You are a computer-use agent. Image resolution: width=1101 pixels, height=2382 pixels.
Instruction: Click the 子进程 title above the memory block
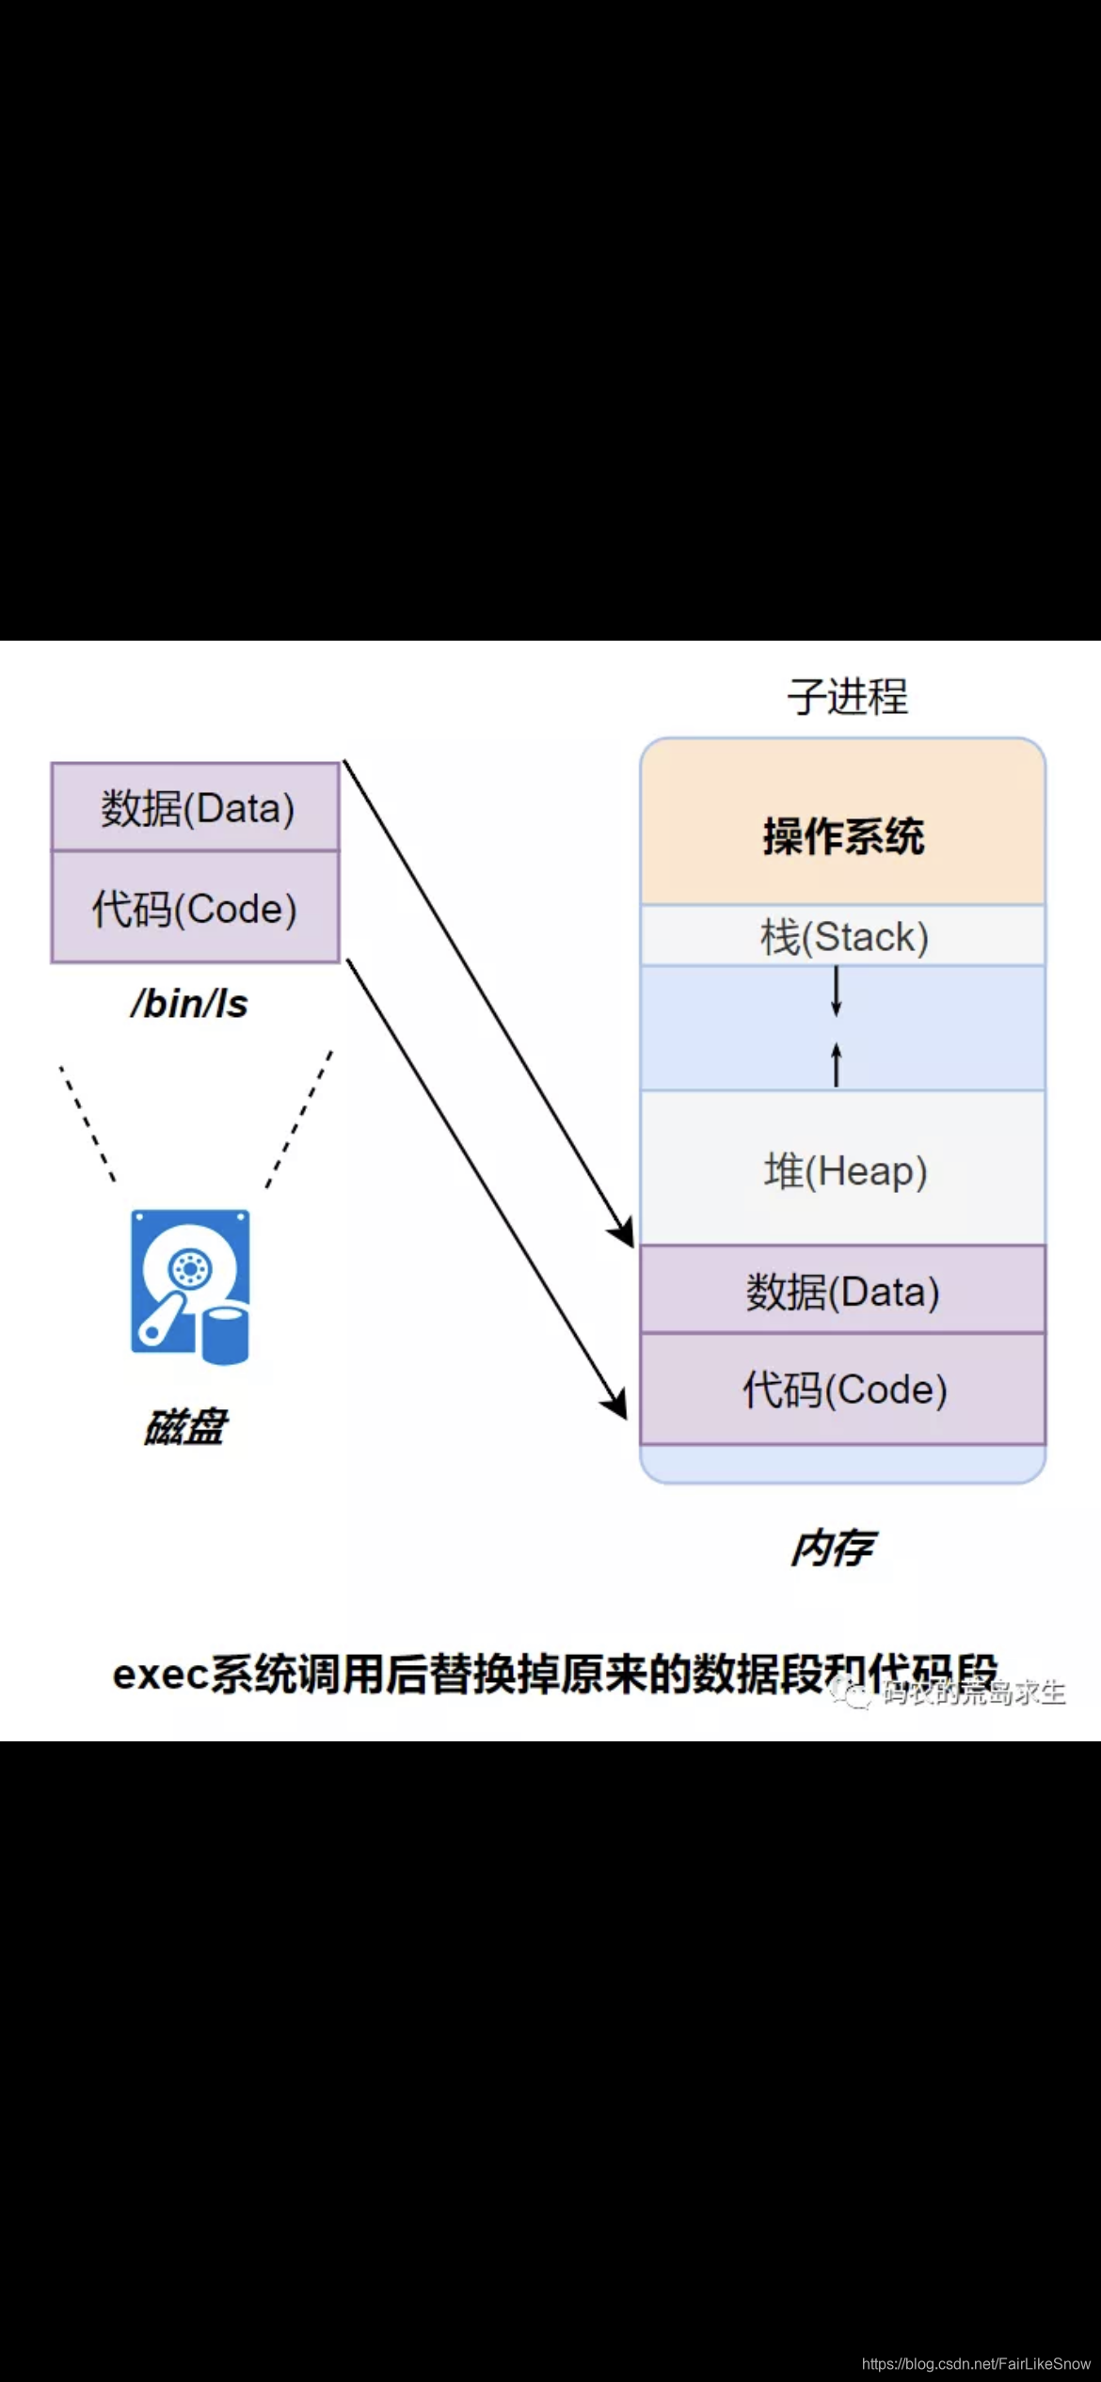tap(847, 697)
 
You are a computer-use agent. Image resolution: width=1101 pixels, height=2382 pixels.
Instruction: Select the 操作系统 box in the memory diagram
tap(842, 835)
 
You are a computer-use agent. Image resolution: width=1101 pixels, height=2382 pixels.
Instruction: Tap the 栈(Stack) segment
tap(843, 937)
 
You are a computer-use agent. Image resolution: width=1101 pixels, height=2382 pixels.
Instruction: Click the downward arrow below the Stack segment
tap(836, 992)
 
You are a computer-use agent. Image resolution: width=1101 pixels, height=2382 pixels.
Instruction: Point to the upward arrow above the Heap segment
tap(836, 1064)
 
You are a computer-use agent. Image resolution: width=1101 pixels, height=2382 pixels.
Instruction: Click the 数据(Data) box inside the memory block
tap(842, 1292)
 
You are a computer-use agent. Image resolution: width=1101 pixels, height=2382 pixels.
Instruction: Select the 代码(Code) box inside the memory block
tap(844, 1389)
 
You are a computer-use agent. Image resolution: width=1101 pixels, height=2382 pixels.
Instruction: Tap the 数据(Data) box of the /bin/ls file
tap(196, 808)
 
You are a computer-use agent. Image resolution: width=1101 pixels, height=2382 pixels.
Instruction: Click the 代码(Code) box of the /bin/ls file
tap(195, 909)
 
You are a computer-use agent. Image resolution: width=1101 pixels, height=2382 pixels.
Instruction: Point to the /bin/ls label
tap(189, 1004)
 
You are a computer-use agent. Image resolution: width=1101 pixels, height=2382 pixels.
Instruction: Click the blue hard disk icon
tap(190, 1286)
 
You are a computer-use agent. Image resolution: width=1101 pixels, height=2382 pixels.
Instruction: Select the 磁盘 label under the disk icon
tap(185, 1427)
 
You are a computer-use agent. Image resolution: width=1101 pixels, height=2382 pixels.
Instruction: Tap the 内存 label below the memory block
tap(832, 1548)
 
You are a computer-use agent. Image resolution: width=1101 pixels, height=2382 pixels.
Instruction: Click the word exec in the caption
tap(158, 1675)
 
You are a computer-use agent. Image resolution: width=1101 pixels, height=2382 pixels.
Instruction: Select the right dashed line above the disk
tap(299, 1119)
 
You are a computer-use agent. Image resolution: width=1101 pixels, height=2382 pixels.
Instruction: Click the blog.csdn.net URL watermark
tap(976, 2363)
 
